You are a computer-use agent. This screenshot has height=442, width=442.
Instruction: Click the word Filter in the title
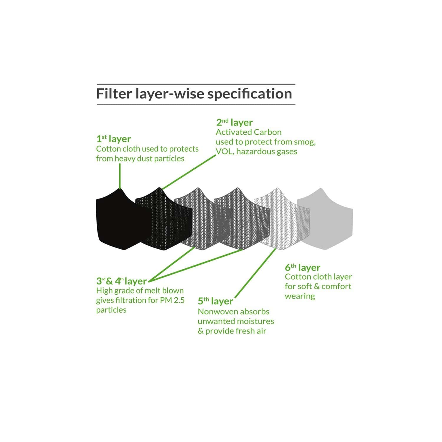(x=114, y=94)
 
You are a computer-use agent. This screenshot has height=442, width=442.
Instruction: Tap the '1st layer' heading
(x=113, y=139)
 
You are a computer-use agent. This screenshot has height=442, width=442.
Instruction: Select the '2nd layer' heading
(x=234, y=123)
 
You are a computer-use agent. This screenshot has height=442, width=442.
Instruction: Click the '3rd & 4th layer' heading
(x=121, y=281)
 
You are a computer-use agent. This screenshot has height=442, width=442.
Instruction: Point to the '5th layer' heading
(x=215, y=301)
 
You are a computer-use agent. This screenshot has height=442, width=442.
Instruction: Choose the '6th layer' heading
(x=302, y=268)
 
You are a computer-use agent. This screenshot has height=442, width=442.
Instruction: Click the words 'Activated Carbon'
(x=249, y=132)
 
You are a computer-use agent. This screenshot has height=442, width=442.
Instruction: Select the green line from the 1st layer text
(x=120, y=176)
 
